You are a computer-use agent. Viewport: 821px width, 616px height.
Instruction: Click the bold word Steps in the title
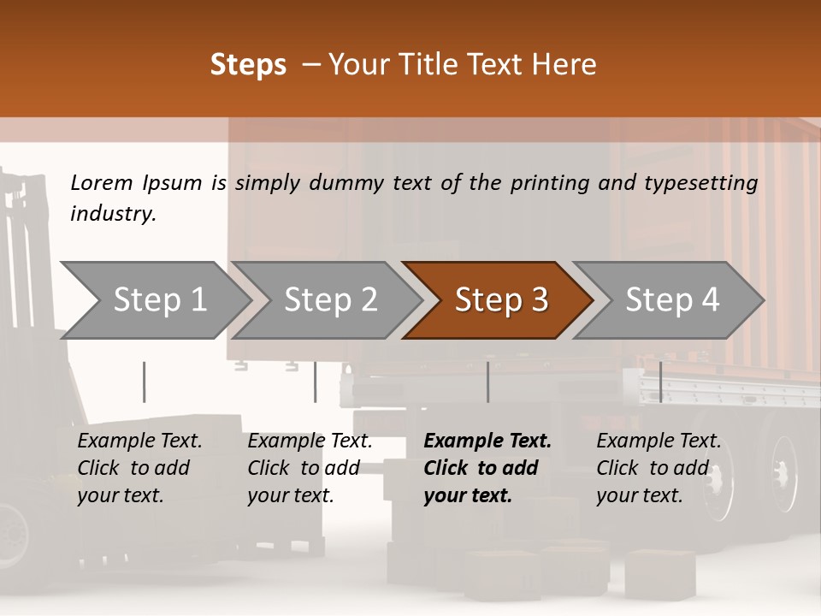[248, 65]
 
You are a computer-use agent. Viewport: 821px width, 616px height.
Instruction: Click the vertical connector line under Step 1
[145, 382]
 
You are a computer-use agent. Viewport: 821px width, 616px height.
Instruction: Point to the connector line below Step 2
[316, 382]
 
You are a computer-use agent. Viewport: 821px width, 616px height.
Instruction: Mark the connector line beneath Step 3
[488, 382]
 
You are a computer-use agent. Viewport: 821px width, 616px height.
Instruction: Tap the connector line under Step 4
[660, 382]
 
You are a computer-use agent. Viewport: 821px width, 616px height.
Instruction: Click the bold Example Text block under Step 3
[487, 468]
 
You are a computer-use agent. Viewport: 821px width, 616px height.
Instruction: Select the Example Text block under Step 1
[139, 468]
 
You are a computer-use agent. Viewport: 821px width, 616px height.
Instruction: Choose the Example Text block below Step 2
[310, 468]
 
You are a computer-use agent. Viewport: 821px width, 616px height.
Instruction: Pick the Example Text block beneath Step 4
[659, 468]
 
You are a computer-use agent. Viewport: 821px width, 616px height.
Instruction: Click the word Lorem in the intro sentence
[102, 182]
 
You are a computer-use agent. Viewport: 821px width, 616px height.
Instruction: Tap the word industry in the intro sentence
[113, 214]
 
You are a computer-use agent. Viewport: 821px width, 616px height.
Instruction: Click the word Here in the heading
[564, 65]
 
